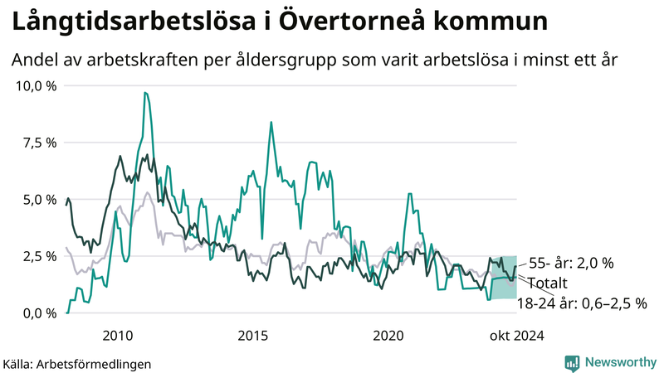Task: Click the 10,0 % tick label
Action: (35, 86)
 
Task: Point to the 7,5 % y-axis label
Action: (38, 143)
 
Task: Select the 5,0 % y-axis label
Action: (38, 200)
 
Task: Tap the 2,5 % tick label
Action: (38, 256)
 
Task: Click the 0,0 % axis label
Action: (38, 313)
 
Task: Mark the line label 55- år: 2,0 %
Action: (571, 263)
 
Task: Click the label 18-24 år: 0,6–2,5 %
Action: (581, 303)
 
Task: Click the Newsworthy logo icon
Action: (572, 362)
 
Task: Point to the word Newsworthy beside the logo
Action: (619, 362)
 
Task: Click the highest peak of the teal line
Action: (145, 93)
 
